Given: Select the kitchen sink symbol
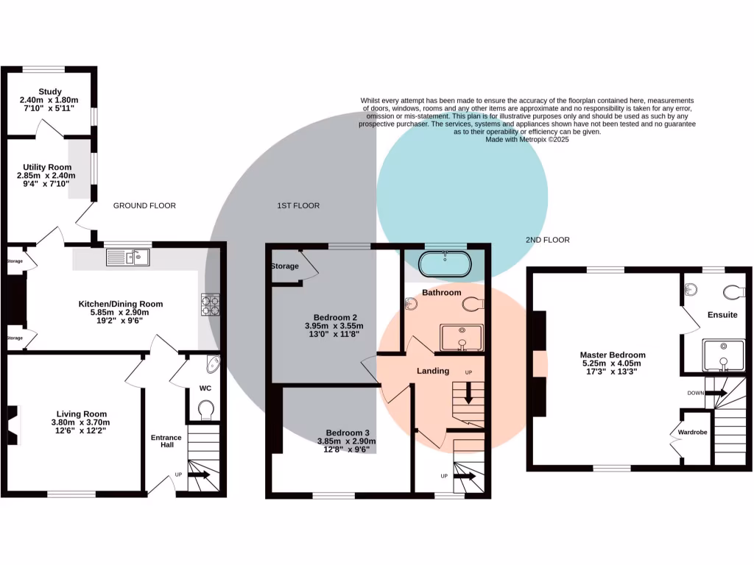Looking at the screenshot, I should [x=127, y=257].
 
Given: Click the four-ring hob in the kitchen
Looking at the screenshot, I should [x=210, y=305].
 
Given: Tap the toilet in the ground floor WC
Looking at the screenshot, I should [x=206, y=409].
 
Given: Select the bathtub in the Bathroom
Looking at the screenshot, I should [x=444, y=265].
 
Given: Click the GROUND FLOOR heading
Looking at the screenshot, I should [x=144, y=206].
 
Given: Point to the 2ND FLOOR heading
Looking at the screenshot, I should [x=547, y=240].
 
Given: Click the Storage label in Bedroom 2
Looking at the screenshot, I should [x=285, y=266].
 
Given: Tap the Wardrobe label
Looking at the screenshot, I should [x=693, y=433].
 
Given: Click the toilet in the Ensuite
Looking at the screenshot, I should [x=734, y=292].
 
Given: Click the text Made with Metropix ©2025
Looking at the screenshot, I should [x=527, y=138].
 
